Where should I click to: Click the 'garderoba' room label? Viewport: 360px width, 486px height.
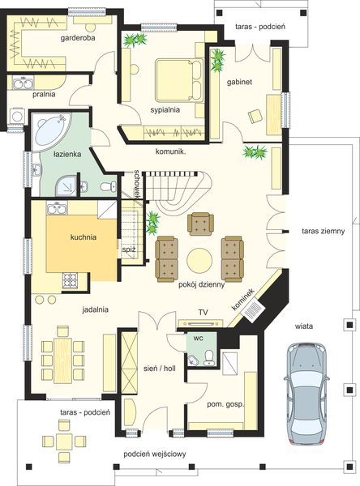[78, 38]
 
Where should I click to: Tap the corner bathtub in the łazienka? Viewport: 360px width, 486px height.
[50, 131]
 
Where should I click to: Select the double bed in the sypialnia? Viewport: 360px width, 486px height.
[178, 80]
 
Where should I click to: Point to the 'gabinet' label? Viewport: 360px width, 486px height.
[239, 82]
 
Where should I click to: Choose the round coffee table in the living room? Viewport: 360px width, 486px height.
[199, 260]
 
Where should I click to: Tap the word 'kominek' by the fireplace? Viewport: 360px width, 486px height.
[243, 300]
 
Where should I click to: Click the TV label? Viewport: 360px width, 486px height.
[203, 313]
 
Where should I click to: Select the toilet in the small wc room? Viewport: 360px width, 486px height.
[209, 358]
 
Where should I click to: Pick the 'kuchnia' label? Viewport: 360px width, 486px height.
[84, 237]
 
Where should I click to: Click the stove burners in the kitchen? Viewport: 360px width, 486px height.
[71, 280]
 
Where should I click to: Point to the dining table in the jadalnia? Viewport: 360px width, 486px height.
[62, 360]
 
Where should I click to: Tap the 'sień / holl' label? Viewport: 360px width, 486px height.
[160, 369]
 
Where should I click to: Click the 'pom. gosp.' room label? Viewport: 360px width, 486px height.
[225, 404]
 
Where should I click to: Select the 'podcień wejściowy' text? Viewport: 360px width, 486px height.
[155, 454]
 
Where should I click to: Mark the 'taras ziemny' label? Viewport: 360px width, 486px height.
[323, 231]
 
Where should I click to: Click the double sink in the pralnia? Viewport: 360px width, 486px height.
[23, 84]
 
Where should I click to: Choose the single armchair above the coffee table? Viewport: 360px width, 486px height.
[200, 224]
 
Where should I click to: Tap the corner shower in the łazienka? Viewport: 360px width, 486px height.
[66, 185]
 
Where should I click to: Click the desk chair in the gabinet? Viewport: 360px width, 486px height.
[255, 117]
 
